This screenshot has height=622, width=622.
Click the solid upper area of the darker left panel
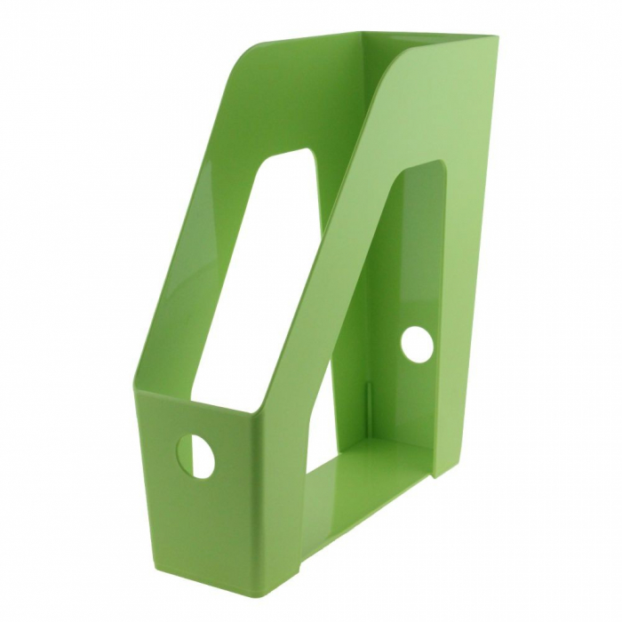pyautogui.click(x=293, y=98)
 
